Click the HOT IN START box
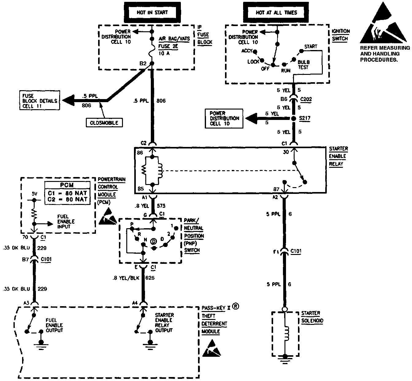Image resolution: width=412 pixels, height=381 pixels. tap(152, 13)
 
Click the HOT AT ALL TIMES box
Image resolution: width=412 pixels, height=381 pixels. tap(277, 13)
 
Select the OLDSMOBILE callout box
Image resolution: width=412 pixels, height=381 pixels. tap(105, 123)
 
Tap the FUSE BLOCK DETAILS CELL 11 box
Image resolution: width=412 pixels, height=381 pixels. tap(40, 101)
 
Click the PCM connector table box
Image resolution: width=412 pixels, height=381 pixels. tap(68, 193)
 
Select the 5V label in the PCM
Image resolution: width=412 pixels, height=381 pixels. tap(34, 194)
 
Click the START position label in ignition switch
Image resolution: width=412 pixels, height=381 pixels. tap(311, 47)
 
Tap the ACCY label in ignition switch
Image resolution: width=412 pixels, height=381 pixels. tap(247, 51)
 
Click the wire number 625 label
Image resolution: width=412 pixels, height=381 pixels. tap(150, 278)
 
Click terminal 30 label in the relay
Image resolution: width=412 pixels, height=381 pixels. tap(286, 152)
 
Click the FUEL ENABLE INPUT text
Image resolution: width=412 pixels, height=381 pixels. tap(66, 221)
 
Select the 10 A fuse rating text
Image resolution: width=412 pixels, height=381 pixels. tap(164, 53)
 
